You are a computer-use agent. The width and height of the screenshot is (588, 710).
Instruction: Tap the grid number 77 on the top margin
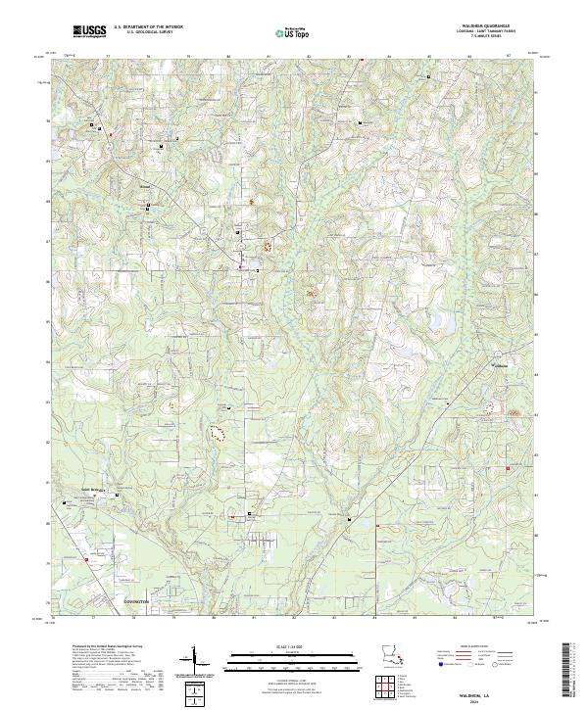106,58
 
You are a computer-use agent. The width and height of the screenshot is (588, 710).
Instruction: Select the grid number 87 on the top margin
509,58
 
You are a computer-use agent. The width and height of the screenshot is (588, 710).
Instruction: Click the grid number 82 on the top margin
308,58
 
